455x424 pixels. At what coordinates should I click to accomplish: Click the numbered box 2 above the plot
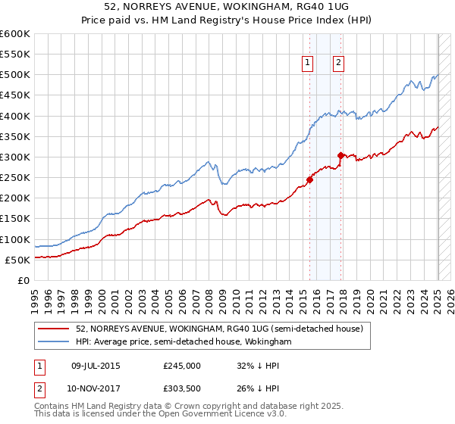pos(337,64)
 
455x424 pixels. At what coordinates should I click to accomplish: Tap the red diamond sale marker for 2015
pos(309,179)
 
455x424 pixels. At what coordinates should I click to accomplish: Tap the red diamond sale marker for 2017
pos(341,156)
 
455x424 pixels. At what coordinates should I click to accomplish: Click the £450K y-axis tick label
pos(15,95)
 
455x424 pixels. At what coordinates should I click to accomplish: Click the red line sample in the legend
pos(55,329)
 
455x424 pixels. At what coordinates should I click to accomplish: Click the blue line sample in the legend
pos(55,342)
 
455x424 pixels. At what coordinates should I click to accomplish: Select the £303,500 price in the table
pos(182,388)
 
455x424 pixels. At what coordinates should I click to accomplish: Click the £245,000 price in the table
pos(182,366)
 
